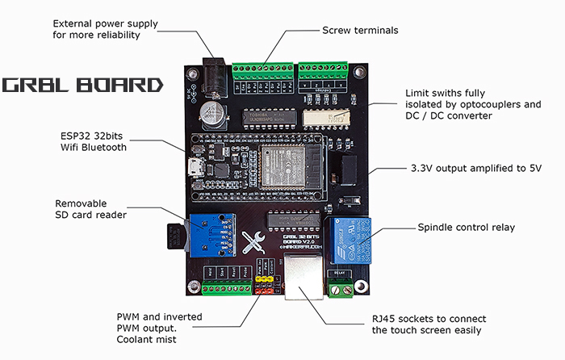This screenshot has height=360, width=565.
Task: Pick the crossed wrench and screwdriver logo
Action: pos(250,242)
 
